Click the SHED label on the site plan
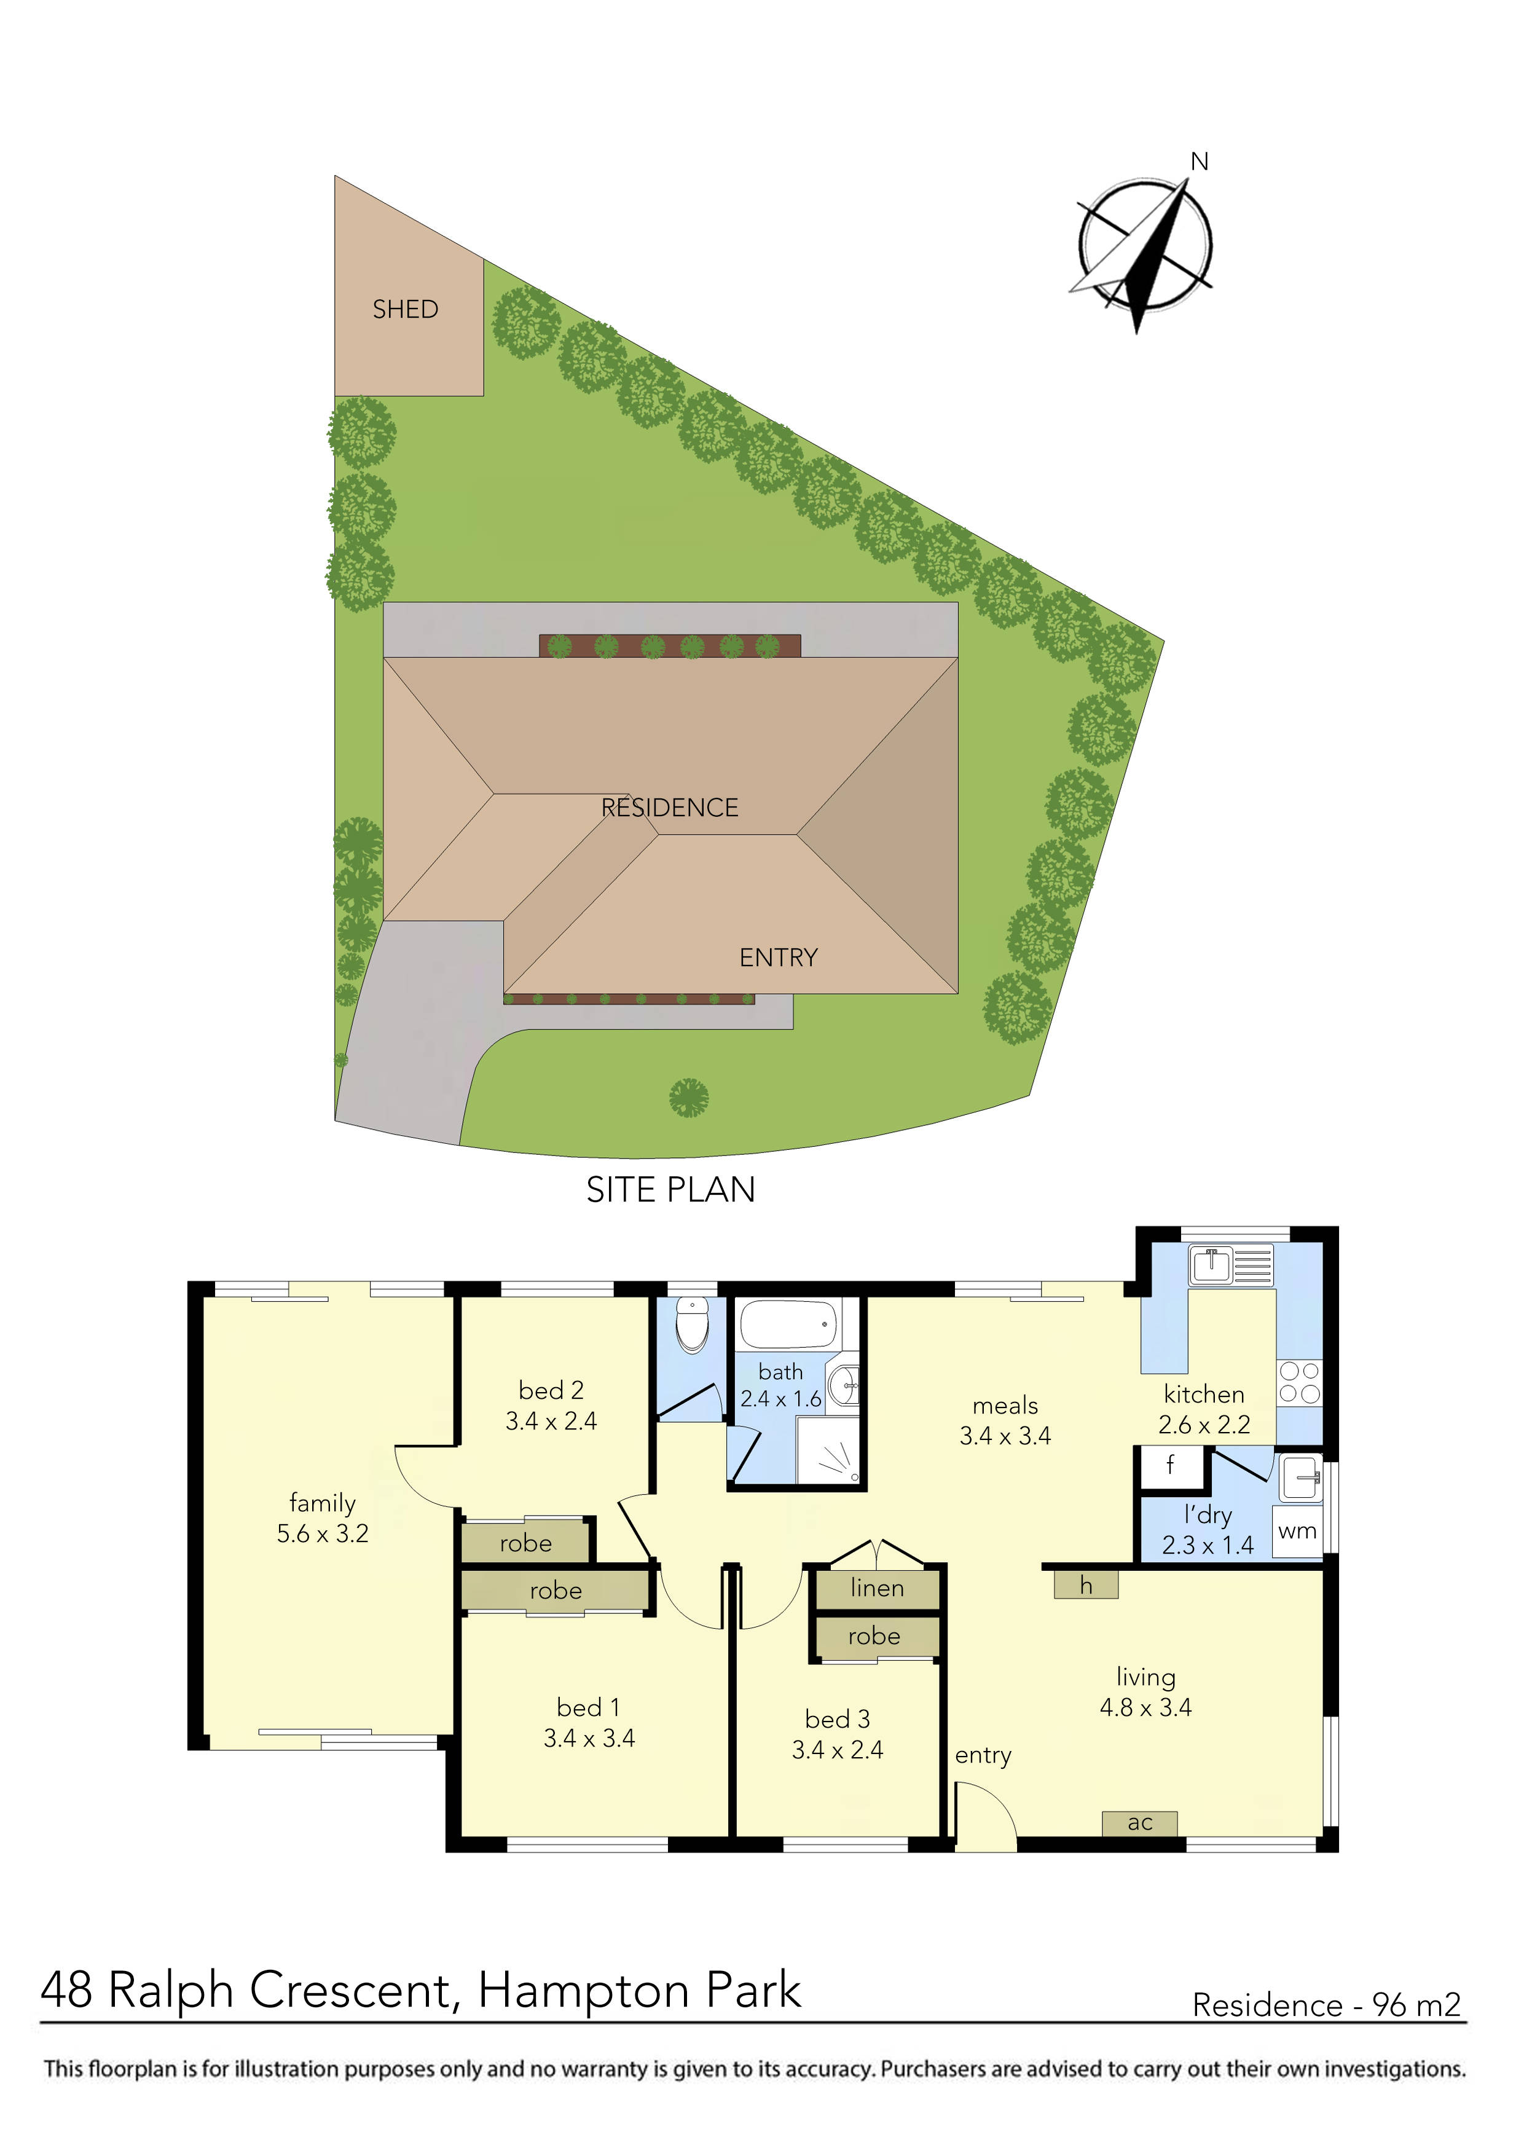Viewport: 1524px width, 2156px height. [x=405, y=309]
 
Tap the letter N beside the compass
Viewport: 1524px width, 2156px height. [x=1199, y=162]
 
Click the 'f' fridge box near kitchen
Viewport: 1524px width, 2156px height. [x=1170, y=1465]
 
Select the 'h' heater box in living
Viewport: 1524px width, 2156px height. [x=1085, y=1586]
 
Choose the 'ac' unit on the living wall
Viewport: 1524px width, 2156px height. [x=1139, y=1823]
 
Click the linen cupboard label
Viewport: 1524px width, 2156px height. [x=877, y=1588]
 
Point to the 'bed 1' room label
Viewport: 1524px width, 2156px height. [x=588, y=1707]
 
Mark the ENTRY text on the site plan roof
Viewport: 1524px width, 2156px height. [x=779, y=957]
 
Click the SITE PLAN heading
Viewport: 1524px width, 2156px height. [x=670, y=1190]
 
